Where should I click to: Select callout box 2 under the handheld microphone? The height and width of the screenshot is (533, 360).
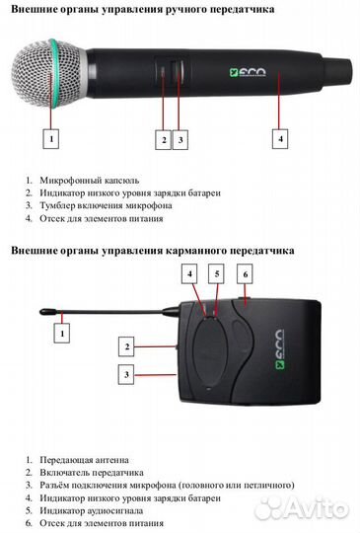coord(164,139)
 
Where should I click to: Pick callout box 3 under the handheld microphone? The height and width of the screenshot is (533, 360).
coord(180,139)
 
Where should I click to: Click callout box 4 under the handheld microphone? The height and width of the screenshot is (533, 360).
coord(281,139)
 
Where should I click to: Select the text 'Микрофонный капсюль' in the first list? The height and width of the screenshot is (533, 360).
coord(89,181)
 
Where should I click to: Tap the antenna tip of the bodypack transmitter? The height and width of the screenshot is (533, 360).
coord(45,314)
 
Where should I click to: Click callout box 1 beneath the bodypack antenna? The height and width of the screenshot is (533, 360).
coord(63,335)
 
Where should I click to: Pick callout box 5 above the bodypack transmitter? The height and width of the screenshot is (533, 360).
coord(218,272)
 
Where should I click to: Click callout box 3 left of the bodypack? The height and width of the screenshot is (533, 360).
coord(126,374)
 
